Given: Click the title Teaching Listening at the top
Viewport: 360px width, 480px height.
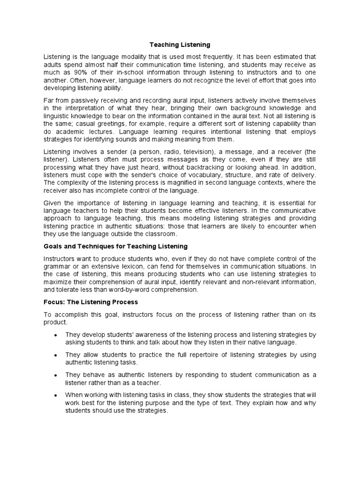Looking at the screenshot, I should click(x=180, y=45).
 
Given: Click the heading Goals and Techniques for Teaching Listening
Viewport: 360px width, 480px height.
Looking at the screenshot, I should click(x=115, y=246).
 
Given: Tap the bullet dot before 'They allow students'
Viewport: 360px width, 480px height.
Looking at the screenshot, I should click(x=56, y=355).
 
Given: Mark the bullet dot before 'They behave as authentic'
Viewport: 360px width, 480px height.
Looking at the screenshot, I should click(x=56, y=375).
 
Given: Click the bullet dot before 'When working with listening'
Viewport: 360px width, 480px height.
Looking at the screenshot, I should click(x=56, y=395).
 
